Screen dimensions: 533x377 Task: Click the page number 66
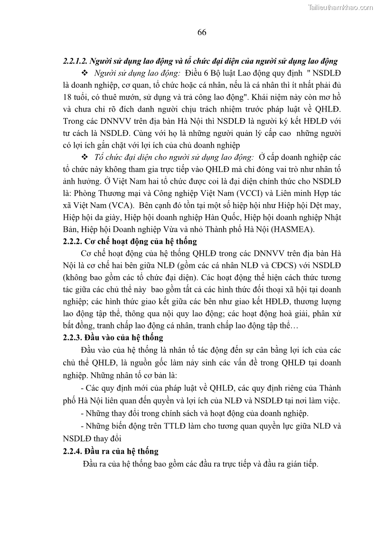pyautogui.click(x=201, y=33)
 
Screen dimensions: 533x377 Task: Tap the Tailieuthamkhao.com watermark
pyautogui.click(x=340, y=7)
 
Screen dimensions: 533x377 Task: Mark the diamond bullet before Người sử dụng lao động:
pyautogui.click(x=85, y=73)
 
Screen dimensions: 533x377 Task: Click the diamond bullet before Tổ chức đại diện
pyautogui.click(x=85, y=157)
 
